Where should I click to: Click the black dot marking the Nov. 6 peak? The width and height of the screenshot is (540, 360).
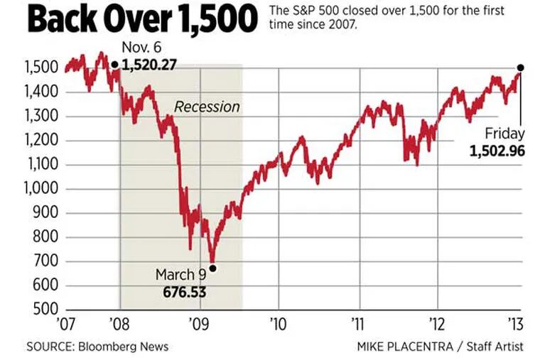click(114, 65)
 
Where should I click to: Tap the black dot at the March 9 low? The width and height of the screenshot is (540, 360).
click(212, 268)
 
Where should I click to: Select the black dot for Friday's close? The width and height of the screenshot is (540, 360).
click(520, 67)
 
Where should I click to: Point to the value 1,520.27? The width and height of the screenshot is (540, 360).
click(149, 65)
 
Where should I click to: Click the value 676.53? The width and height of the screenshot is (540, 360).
click(183, 290)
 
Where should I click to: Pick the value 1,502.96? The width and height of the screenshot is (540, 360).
click(497, 151)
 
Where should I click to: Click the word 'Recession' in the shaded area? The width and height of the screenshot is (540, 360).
click(207, 107)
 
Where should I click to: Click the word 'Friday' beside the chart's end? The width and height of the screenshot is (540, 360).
click(504, 133)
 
